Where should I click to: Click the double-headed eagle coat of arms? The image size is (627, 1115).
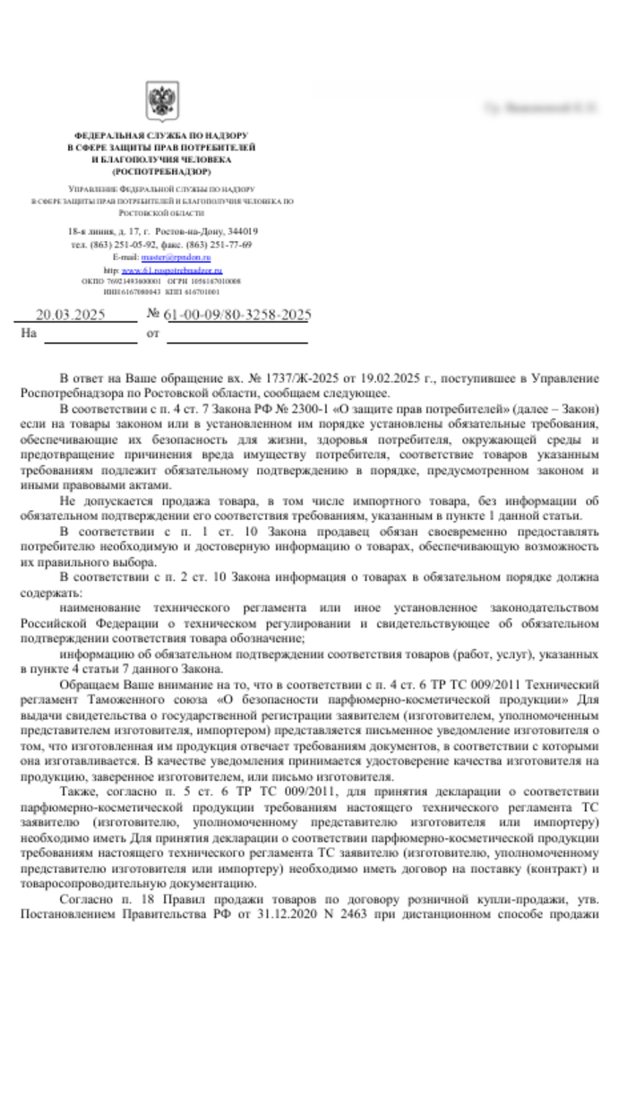tap(161, 101)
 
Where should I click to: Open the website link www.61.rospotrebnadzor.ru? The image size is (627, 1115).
tap(172, 270)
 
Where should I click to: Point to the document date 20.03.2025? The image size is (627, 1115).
tap(70, 315)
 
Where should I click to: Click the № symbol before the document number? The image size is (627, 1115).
tap(153, 315)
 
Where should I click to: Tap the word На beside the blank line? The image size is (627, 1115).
tap(29, 333)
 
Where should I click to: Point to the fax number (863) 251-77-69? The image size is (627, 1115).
tap(219, 244)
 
